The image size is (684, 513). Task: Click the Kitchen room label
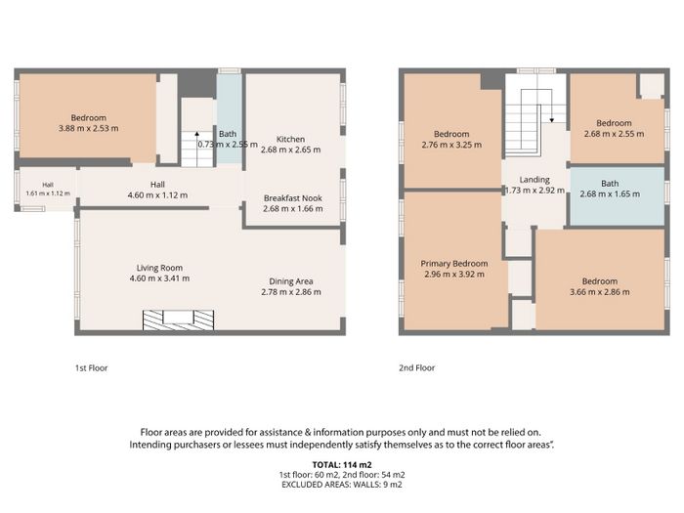(290, 139)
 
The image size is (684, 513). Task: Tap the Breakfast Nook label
(293, 198)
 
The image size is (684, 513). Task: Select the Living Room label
(159, 268)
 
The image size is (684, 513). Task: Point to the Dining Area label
(291, 281)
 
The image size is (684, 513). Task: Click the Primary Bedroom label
(454, 264)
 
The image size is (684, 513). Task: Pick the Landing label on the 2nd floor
(534, 180)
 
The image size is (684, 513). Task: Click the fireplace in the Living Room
(179, 320)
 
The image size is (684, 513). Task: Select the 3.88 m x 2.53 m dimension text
(89, 128)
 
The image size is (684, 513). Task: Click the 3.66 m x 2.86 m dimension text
(600, 292)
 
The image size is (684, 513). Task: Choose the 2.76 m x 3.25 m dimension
(451, 145)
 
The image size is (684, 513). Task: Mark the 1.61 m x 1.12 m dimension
(48, 193)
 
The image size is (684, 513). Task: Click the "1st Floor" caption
(91, 367)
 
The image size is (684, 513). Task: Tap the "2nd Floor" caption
(416, 367)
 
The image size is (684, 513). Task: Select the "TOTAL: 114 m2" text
(342, 465)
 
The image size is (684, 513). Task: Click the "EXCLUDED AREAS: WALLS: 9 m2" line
(342, 485)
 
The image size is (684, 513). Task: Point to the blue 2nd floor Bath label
(610, 184)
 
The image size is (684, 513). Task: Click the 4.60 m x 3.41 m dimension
(159, 278)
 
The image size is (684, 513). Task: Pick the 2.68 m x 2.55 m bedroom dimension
(614, 134)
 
